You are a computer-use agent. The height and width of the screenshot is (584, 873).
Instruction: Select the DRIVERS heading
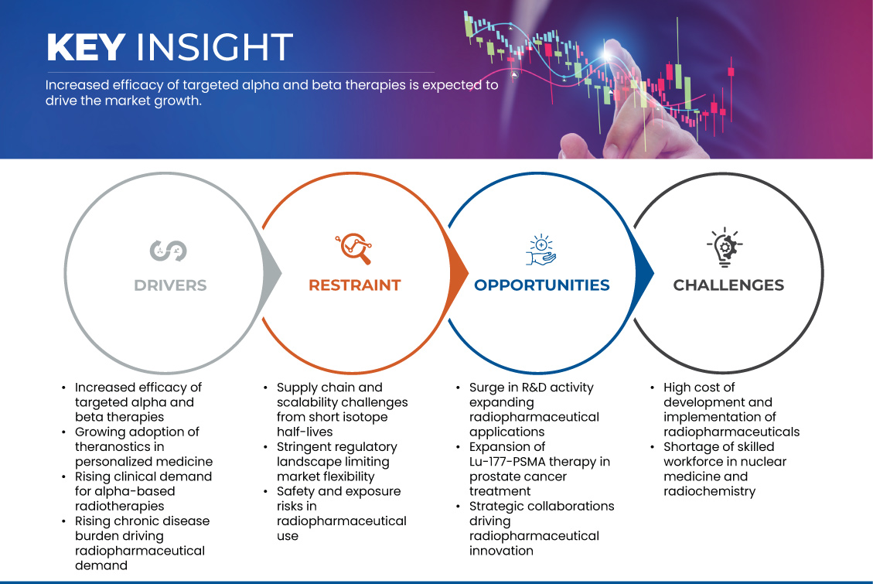click(170, 285)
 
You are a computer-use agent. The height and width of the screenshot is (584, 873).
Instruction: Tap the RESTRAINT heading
click(355, 285)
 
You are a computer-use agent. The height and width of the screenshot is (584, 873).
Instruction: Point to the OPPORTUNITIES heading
click(542, 285)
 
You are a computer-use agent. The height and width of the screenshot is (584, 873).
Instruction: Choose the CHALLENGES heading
click(728, 285)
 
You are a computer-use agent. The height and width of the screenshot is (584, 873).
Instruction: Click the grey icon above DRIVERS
click(168, 251)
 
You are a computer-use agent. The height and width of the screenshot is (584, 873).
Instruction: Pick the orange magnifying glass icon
click(353, 248)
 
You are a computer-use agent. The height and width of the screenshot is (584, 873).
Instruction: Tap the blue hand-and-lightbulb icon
click(541, 249)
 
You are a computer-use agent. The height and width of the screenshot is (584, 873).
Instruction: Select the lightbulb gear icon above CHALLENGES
click(725, 247)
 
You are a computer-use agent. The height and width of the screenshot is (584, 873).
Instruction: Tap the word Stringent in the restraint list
click(309, 447)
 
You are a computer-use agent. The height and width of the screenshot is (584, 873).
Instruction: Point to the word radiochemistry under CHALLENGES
click(709, 492)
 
